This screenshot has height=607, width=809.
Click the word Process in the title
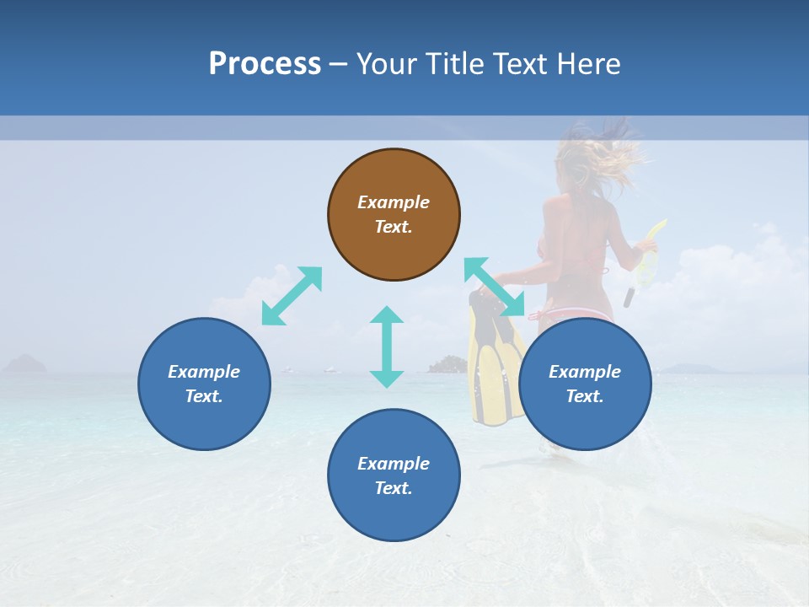tap(265, 64)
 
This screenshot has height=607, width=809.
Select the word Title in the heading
tap(452, 64)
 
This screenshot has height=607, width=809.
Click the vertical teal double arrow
tap(387, 346)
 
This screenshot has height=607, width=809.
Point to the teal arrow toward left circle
tap(292, 296)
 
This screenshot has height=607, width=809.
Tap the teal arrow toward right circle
tap(494, 287)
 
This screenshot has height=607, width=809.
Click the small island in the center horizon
tap(447, 364)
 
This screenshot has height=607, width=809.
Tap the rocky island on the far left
tap(25, 363)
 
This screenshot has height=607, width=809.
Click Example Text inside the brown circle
tap(394, 214)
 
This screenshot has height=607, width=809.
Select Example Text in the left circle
tap(204, 384)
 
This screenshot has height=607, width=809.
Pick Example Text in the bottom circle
tap(394, 475)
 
